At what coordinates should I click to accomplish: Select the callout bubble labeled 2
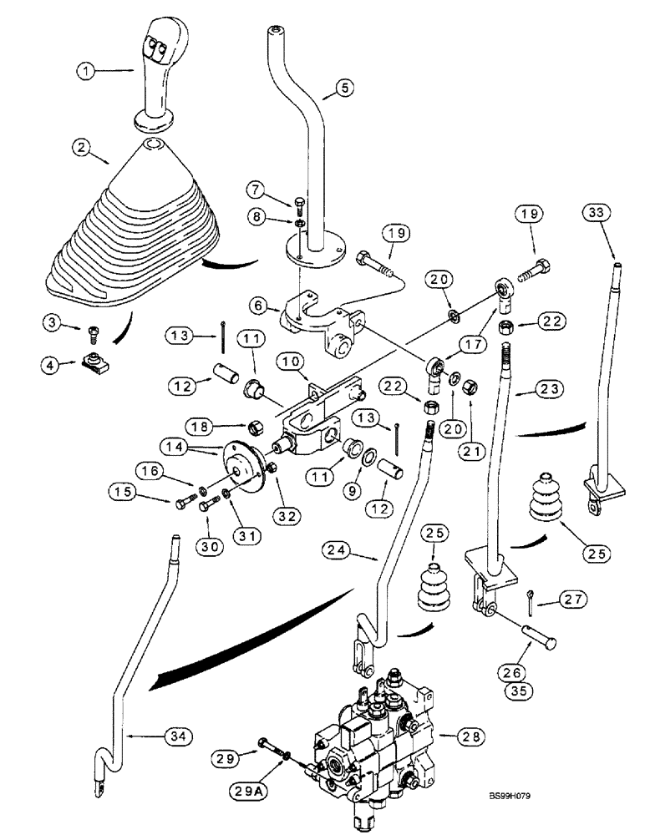(x=81, y=149)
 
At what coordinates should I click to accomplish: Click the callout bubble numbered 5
(x=345, y=87)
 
